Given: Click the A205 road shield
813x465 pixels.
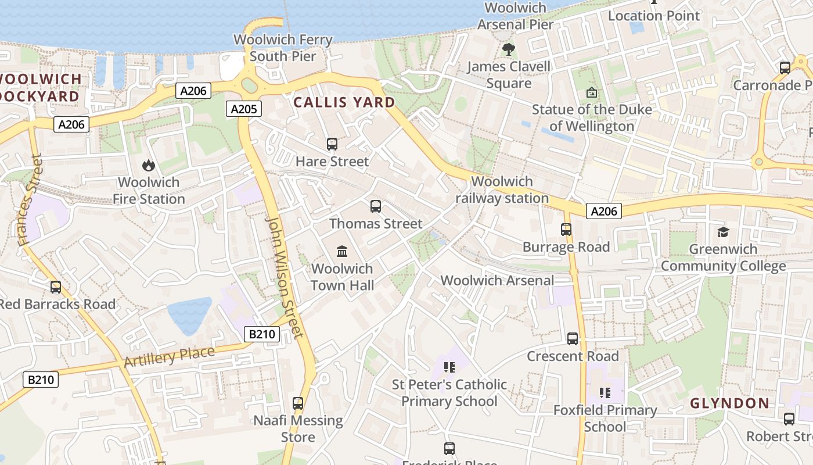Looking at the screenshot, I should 244,109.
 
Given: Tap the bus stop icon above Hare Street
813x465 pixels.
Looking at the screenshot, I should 332,144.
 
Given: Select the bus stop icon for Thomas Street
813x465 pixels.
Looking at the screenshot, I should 376,206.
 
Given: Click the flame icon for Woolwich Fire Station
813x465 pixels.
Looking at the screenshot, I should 149,165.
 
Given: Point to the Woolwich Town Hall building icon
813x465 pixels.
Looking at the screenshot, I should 342,251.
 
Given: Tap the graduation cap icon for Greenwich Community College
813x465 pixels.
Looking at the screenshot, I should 723,232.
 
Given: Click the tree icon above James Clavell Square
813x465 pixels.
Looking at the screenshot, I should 509,49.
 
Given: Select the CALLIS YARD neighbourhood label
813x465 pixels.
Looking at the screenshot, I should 344,103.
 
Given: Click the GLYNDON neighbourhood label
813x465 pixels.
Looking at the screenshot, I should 729,403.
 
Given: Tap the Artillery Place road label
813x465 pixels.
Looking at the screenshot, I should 169,356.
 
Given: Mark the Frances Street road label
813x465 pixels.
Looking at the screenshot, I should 30,200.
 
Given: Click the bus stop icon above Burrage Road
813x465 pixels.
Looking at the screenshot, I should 566,230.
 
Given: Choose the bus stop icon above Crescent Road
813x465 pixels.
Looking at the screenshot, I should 573,338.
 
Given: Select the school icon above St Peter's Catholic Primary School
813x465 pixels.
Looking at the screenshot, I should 449,367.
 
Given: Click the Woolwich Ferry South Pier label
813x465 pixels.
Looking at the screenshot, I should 283,48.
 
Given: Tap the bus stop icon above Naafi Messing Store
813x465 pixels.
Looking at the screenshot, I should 298,403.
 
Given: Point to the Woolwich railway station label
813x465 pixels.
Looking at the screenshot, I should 502,189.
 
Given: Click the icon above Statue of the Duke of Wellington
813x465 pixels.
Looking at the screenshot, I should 591,92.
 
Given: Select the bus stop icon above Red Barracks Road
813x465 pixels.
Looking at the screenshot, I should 56,287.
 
